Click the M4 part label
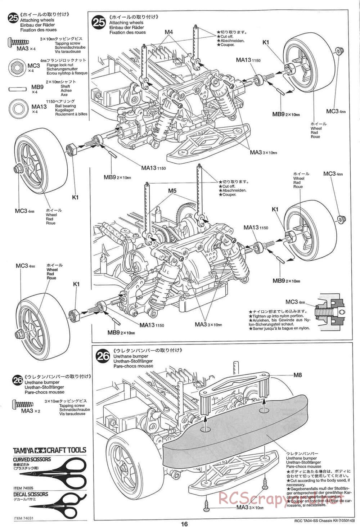point(169,32)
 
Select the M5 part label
point(172,191)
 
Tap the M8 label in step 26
point(298,375)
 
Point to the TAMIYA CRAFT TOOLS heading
point(49,450)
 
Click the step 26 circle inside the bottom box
point(102,356)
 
